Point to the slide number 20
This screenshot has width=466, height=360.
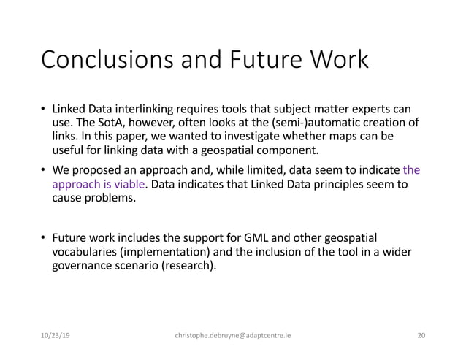(x=420, y=336)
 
